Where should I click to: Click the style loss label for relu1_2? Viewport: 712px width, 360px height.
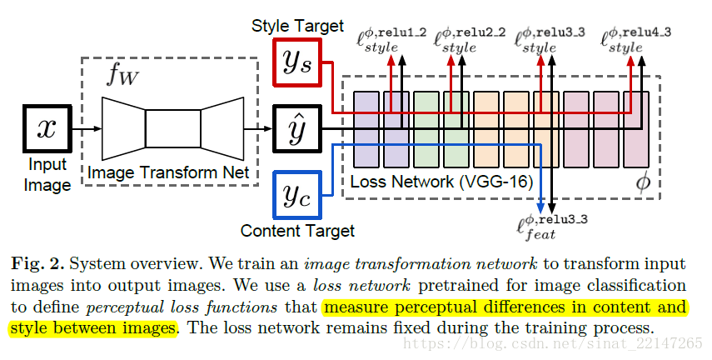click(x=391, y=41)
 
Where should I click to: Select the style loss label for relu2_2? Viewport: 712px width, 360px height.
click(x=469, y=41)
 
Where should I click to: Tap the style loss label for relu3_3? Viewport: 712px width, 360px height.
click(x=550, y=41)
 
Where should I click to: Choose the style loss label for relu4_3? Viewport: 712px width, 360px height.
click(x=633, y=41)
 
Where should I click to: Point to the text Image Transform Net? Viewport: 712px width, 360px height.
click(x=169, y=172)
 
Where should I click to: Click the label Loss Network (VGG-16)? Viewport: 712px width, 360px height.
click(x=441, y=181)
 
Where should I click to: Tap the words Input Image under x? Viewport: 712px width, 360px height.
click(x=47, y=175)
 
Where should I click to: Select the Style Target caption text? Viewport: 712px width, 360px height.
click(x=297, y=26)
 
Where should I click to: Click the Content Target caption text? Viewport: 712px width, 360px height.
click(x=297, y=230)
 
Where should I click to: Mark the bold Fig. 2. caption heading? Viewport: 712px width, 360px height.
click(x=38, y=264)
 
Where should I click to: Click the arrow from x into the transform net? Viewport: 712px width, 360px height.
click(x=87, y=128)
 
